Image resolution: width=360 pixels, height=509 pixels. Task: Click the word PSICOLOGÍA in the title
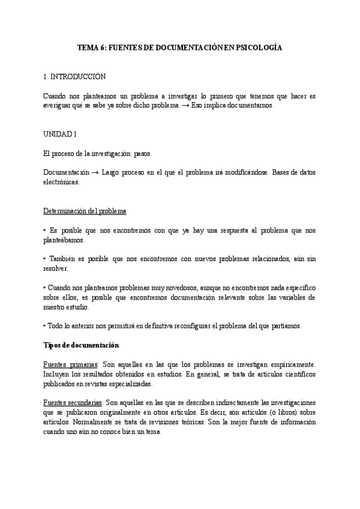257,46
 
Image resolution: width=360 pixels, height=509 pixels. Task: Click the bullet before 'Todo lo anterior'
45,326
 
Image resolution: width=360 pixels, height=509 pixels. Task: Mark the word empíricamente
289,365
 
